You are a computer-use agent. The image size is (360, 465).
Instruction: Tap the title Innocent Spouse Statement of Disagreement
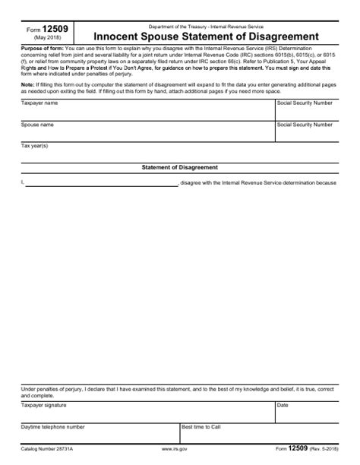click(196, 36)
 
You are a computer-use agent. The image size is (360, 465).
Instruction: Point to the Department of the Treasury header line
click(196, 26)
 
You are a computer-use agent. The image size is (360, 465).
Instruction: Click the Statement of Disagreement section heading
click(180, 166)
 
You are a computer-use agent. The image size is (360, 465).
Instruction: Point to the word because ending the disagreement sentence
click(326, 183)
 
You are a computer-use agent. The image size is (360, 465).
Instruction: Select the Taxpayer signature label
click(43, 406)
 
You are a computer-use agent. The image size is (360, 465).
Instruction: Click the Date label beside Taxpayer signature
click(283, 406)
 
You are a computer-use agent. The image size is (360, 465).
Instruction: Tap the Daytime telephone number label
click(53, 428)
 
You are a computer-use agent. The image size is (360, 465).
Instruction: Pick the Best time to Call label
click(201, 428)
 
